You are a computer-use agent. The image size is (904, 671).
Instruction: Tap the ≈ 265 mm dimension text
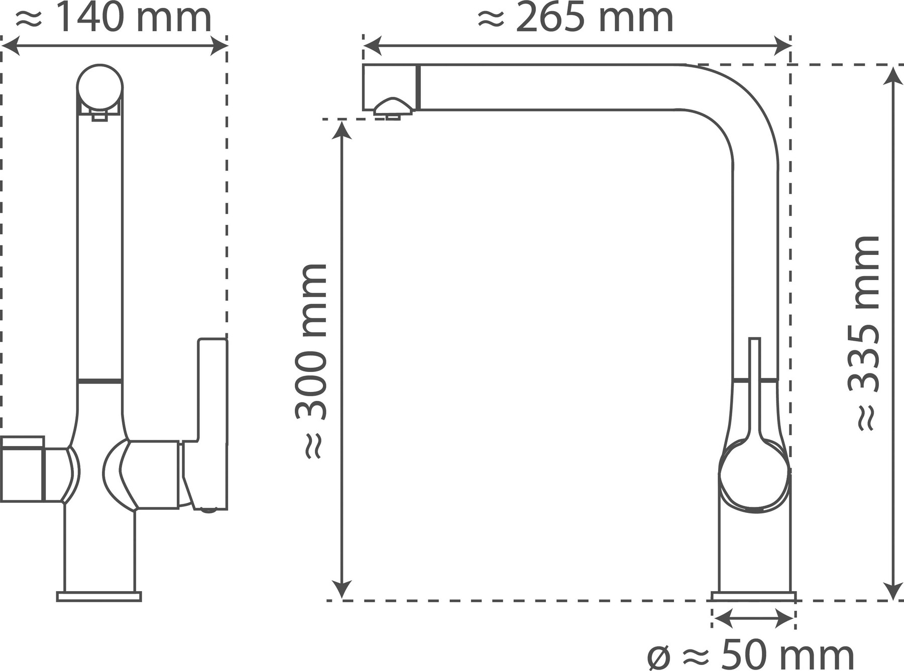pyautogui.click(x=576, y=19)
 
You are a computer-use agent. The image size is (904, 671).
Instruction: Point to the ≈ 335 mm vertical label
pyautogui.click(x=864, y=333)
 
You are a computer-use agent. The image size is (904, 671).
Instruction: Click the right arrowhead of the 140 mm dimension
pyautogui.click(x=219, y=46)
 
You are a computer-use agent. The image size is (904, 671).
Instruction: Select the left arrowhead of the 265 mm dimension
pyautogui.click(x=372, y=46)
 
